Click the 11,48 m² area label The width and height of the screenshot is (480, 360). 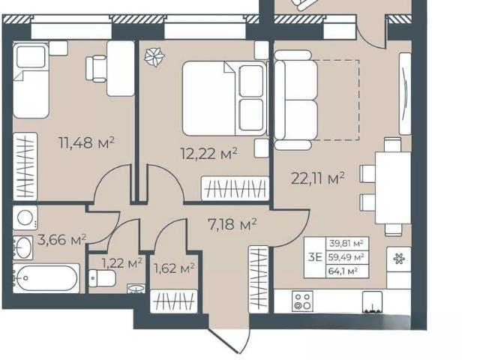point(86,142)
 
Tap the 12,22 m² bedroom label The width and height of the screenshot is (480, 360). point(209,153)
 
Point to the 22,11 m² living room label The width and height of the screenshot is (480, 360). point(318,178)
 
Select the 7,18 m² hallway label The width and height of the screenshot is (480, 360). point(232,224)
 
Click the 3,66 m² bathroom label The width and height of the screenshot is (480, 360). point(61,240)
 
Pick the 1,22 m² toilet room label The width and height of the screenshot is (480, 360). point(121,262)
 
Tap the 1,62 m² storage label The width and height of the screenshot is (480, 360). point(174,268)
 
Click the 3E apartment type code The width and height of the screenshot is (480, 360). point(315,257)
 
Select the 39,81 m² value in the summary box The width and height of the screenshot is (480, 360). point(346,244)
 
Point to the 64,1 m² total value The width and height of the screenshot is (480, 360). point(343,271)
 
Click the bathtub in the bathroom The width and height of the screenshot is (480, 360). point(46,278)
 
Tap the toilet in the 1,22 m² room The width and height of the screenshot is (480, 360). point(102,278)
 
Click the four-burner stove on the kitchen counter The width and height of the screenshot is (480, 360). point(302,301)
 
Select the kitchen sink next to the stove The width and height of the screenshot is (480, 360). point(372,302)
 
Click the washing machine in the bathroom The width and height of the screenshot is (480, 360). point(25,217)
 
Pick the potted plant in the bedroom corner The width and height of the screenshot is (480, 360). point(154,58)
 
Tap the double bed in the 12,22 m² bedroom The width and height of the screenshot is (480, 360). point(224,98)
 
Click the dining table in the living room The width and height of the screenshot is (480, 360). point(393,188)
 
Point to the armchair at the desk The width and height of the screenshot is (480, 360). point(96,69)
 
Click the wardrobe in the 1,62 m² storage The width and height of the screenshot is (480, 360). point(174,301)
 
